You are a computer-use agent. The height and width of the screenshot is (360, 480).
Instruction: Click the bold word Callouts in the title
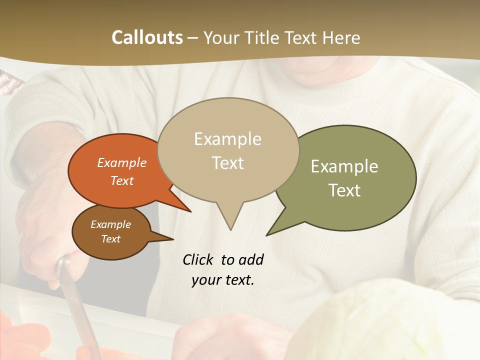click(x=147, y=37)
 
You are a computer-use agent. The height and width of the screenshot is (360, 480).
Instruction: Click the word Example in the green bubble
click(x=344, y=166)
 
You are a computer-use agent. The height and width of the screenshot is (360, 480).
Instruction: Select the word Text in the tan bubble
click(x=228, y=163)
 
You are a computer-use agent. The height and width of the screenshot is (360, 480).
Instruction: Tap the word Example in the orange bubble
click(x=122, y=162)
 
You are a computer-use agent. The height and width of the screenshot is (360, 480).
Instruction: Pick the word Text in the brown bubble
click(x=111, y=239)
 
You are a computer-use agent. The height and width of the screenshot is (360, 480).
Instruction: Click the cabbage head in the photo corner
click(x=395, y=320)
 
